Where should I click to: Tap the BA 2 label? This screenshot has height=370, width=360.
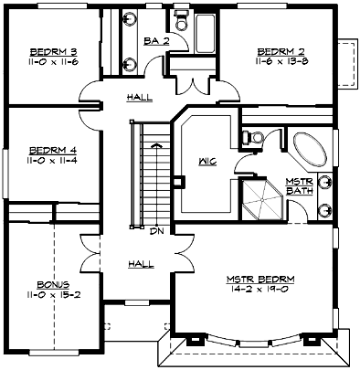[x=156, y=41]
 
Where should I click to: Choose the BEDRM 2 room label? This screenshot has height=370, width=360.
[x=280, y=50]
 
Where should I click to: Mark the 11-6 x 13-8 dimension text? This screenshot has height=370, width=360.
[x=280, y=61]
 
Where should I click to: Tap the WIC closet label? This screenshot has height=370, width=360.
[x=206, y=164]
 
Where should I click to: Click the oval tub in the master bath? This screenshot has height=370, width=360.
[x=312, y=148]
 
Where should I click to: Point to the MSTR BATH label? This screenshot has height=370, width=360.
[x=300, y=186]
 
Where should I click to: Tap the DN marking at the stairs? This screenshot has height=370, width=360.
[x=157, y=230]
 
